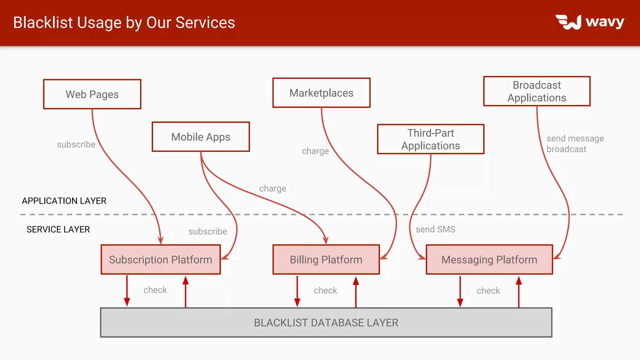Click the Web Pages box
(92, 94)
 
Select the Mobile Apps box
(201, 137)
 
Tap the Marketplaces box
(321, 93)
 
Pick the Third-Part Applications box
(431, 139)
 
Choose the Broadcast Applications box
(537, 91)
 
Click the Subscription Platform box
(161, 259)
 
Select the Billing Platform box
(326, 259)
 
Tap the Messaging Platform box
(489, 259)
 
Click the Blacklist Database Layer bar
(326, 322)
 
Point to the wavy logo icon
(568, 22)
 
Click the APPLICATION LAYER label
(64, 201)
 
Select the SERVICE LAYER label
(58, 229)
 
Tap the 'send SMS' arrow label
(435, 229)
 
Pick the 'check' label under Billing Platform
(325, 290)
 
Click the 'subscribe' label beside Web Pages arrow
(76, 144)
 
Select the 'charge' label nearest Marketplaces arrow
(315, 151)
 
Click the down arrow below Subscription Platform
(127, 291)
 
